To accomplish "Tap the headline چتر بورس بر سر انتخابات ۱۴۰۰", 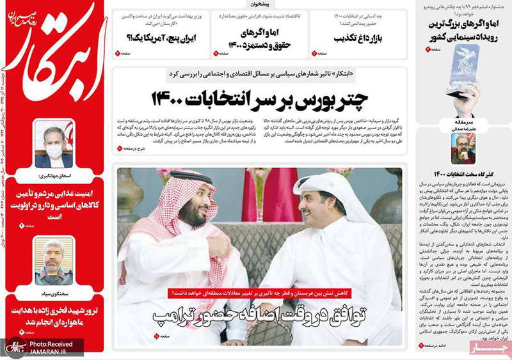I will [x=263, y=99].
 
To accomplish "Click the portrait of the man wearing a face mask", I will [x=54, y=143].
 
